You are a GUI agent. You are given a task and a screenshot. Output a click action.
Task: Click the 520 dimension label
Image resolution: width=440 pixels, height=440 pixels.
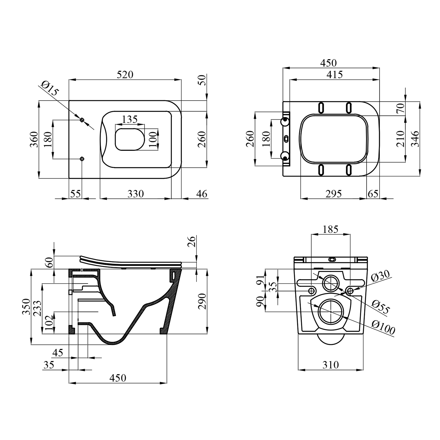pos(125,75)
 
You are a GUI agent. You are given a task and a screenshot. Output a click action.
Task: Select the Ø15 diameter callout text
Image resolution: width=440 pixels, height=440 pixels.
pos(50,88)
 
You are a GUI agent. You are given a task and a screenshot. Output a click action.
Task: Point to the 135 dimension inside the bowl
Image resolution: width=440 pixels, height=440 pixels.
pos(130,119)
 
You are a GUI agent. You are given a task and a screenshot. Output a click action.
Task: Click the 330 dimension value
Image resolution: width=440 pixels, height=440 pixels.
pos(136,194)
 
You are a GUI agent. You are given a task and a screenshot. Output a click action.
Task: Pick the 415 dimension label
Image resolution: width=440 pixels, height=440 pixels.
pos(335,75)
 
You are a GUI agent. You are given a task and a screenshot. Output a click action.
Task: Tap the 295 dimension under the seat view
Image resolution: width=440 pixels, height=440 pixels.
pos(334,194)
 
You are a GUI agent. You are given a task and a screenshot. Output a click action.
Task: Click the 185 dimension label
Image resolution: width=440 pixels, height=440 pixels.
pos(331,229)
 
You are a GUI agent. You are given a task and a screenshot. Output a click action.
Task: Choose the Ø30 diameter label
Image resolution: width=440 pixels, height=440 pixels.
pos(380,276)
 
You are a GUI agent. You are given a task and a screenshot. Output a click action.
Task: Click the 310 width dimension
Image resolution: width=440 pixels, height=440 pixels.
pos(331,365)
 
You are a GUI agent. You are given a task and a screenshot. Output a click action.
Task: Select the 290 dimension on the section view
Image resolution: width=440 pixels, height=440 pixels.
pos(202,301)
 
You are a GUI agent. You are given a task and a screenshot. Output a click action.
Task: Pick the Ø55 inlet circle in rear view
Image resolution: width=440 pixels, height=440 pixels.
pos(331,283)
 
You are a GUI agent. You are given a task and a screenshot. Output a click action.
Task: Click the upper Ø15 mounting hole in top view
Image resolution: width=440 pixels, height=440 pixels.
pos(82,120)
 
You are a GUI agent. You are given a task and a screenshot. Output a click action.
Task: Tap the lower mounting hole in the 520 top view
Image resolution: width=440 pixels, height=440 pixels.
pos(82,159)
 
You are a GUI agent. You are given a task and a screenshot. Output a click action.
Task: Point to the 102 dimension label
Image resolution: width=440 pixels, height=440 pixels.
pos(49,323)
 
